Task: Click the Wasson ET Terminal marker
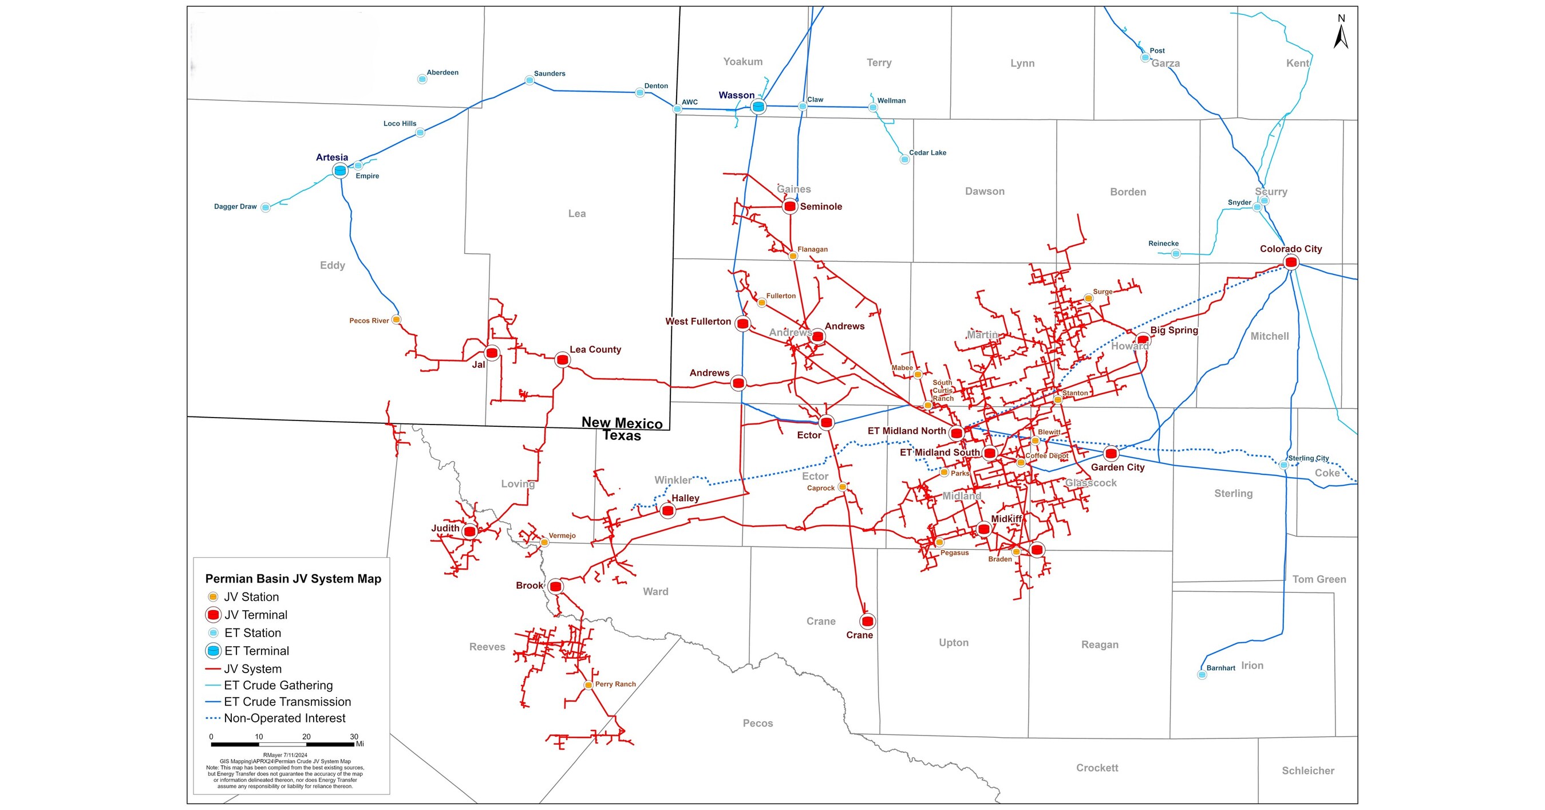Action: [758, 107]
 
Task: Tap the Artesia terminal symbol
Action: [340, 170]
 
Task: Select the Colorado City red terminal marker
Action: [1291, 262]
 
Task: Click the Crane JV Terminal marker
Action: [867, 621]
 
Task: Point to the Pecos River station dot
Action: [396, 320]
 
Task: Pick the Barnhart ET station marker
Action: [1202, 674]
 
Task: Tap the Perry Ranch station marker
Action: [588, 685]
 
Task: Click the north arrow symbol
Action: [1341, 35]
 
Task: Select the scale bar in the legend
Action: [282, 744]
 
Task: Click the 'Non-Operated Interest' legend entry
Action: [284, 718]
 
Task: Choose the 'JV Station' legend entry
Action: [251, 597]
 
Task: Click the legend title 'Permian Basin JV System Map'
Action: [293, 579]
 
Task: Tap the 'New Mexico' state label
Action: [622, 422]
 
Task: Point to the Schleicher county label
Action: [1307, 770]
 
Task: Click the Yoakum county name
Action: [742, 62]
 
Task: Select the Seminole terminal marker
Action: [790, 206]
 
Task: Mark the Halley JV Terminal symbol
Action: [667, 510]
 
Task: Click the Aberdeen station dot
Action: [422, 79]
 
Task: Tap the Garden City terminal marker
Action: [1111, 454]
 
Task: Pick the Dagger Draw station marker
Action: [265, 207]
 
